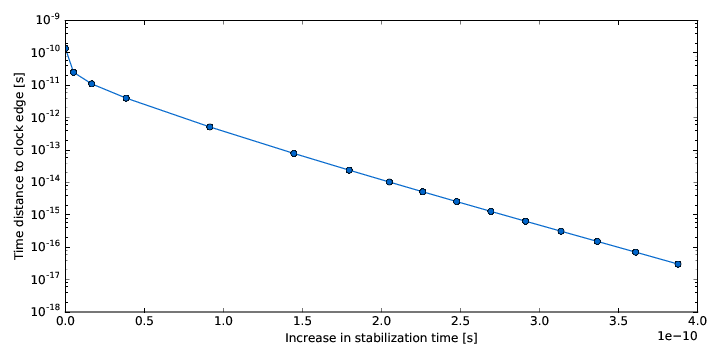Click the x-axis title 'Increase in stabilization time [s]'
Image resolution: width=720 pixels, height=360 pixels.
pyautogui.click(x=381, y=339)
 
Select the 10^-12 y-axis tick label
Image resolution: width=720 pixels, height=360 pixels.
pyautogui.click(x=43, y=117)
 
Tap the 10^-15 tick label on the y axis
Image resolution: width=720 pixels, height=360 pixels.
pyautogui.click(x=43, y=214)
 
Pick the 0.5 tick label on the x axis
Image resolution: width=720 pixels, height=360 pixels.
pyautogui.click(x=145, y=323)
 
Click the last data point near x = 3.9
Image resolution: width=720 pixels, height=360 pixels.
pyautogui.click(x=678, y=264)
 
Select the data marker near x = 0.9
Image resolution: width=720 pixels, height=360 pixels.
pyautogui.click(x=209, y=127)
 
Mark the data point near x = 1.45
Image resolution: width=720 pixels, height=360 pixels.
pyautogui.click(x=294, y=153)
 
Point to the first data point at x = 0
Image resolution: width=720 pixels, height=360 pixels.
pyautogui.click(x=66, y=48)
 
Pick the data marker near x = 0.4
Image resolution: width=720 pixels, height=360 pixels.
pyautogui.click(x=126, y=98)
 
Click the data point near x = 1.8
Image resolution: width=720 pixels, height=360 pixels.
pyautogui.click(x=349, y=170)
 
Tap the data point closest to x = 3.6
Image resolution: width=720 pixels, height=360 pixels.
pyautogui.click(x=635, y=252)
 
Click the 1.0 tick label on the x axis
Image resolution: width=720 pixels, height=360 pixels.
pyautogui.click(x=224, y=323)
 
